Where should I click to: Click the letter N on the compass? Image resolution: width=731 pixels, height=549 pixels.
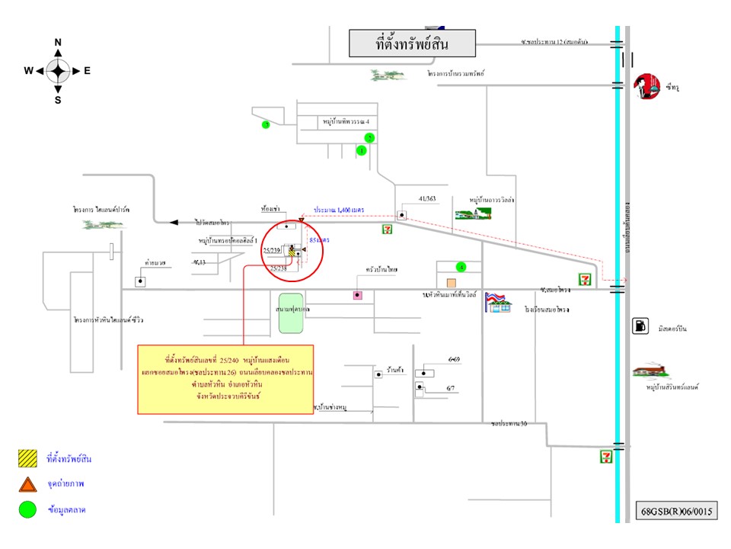tap(58, 43)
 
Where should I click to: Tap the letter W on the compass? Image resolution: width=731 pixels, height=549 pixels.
tap(28, 71)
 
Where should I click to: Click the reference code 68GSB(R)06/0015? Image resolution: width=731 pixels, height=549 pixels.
tap(677, 509)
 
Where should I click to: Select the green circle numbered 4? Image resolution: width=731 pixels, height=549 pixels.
tap(461, 267)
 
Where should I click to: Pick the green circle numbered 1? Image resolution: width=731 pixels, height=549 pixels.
tap(362, 151)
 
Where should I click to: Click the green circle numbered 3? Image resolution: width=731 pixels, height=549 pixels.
tap(266, 124)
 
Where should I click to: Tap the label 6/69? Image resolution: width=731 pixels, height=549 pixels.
tap(455, 358)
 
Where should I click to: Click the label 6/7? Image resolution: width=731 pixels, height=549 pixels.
tap(451, 389)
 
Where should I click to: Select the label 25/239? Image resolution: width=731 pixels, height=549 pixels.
tap(273, 249)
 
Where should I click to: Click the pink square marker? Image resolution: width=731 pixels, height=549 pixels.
tap(357, 295)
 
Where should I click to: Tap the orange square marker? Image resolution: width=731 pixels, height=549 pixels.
tap(451, 282)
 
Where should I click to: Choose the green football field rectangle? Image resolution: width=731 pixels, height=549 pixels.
tap(290, 313)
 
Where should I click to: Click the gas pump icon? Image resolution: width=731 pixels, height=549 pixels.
tap(640, 326)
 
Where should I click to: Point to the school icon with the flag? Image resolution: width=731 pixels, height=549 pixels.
tap(499, 302)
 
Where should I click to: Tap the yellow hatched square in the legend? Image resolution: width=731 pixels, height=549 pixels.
tap(27, 458)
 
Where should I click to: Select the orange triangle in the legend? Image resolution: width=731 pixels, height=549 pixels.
tap(27, 484)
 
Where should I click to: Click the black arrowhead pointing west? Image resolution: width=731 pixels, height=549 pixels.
tap(174, 222)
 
